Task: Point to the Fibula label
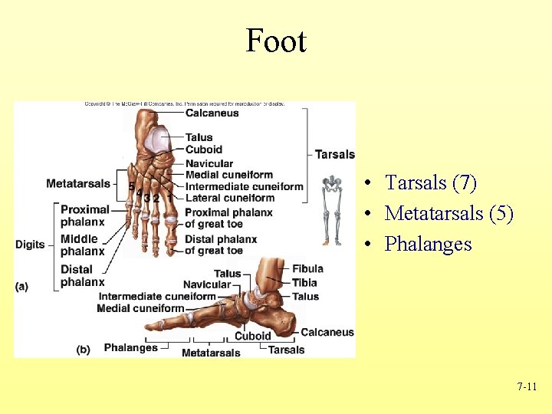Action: point(307,268)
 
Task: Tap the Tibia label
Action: point(304,282)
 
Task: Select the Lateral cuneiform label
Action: point(230,198)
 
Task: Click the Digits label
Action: point(30,245)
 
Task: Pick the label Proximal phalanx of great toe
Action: point(228,218)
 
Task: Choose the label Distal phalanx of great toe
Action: point(221,245)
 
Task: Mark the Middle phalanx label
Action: point(82,245)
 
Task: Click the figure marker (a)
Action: point(21,286)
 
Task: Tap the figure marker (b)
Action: point(83,349)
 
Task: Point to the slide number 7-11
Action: point(527,387)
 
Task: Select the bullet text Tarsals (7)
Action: point(430,183)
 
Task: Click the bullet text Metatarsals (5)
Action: point(449,213)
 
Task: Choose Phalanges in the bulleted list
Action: point(428,244)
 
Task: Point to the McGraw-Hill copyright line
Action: point(184,104)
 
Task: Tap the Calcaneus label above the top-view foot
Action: point(212,113)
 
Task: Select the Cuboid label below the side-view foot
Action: point(252,336)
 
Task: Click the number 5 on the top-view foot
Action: point(131,186)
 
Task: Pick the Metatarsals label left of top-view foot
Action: point(78,183)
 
